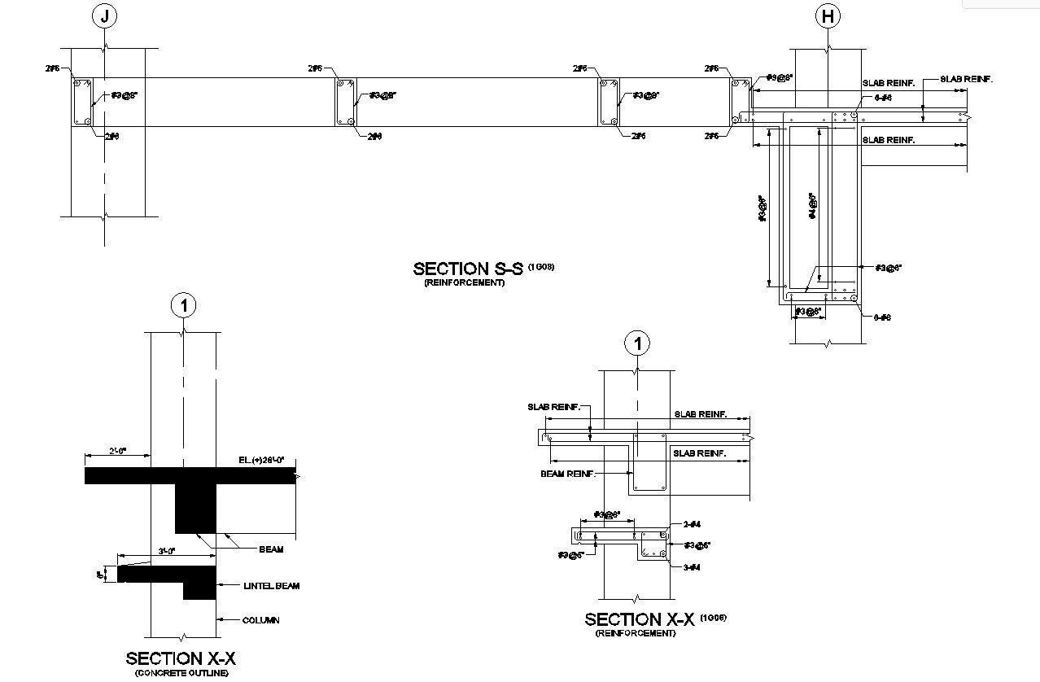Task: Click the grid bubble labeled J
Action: click(x=103, y=16)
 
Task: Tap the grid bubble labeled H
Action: click(x=828, y=16)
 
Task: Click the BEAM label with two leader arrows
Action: click(x=271, y=549)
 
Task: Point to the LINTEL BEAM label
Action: click(x=271, y=585)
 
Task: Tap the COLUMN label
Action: click(x=260, y=620)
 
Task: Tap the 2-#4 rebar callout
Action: click(x=692, y=525)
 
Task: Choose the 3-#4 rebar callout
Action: click(x=692, y=566)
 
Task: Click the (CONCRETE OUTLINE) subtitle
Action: click(x=181, y=673)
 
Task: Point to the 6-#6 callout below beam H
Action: click(x=882, y=317)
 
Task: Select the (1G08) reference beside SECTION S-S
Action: click(x=541, y=266)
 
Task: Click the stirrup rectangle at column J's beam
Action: click(x=82, y=102)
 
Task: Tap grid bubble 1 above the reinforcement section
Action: click(x=637, y=343)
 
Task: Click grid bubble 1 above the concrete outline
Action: click(x=184, y=306)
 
